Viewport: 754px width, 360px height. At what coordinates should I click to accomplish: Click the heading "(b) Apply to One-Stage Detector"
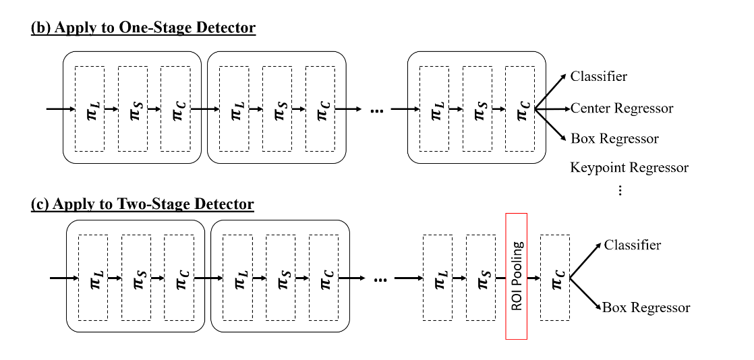143,28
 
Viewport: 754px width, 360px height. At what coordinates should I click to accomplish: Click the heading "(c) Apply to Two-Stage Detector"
142,204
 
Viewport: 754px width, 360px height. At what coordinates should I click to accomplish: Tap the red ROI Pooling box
516,276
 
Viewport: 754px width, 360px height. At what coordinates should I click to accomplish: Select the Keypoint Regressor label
629,167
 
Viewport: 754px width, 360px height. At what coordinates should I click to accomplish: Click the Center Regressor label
621,108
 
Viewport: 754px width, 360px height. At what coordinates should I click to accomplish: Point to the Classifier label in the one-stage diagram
598,76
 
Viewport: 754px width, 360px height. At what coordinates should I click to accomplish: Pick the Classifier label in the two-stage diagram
632,245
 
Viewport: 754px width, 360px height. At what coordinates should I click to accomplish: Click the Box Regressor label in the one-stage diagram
614,138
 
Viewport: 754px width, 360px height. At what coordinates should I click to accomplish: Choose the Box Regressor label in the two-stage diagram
645,307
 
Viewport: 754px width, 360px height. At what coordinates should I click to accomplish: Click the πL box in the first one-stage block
90,109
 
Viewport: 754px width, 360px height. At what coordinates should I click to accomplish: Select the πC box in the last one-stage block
520,109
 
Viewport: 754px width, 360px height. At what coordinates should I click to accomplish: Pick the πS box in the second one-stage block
277,109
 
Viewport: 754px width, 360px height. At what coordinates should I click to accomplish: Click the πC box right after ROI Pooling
555,277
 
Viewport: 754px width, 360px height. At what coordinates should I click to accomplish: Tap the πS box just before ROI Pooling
480,277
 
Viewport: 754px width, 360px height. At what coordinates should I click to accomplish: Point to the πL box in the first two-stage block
92,277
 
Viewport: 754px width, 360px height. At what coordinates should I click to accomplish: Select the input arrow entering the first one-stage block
59,109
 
